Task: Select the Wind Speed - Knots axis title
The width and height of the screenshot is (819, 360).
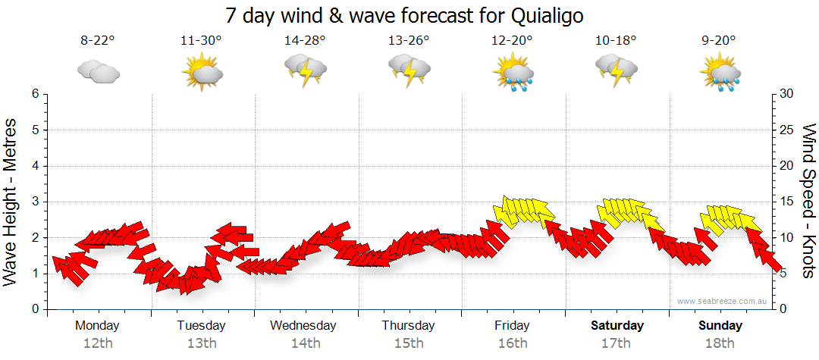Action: [x=808, y=201]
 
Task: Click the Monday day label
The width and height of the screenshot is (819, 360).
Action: [x=97, y=325]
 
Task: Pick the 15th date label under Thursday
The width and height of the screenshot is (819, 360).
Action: [x=408, y=343]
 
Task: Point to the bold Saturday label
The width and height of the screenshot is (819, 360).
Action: [x=617, y=325]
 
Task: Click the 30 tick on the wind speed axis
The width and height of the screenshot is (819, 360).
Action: [x=786, y=94]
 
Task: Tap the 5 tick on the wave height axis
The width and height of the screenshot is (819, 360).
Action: [x=34, y=130]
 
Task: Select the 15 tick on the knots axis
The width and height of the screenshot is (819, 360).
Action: [x=786, y=202]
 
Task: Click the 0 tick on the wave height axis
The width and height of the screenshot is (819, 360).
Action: [x=34, y=309]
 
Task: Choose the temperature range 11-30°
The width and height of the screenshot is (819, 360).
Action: [x=201, y=41]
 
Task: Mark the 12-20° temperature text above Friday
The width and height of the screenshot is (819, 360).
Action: [x=512, y=41]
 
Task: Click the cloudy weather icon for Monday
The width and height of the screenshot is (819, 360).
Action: [x=98, y=72]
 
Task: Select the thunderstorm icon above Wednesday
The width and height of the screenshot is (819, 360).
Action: [x=305, y=73]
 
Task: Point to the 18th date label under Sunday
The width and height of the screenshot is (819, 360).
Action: [x=720, y=343]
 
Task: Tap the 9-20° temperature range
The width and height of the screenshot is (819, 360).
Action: [x=720, y=41]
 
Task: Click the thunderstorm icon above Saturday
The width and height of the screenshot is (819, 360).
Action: [x=616, y=73]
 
